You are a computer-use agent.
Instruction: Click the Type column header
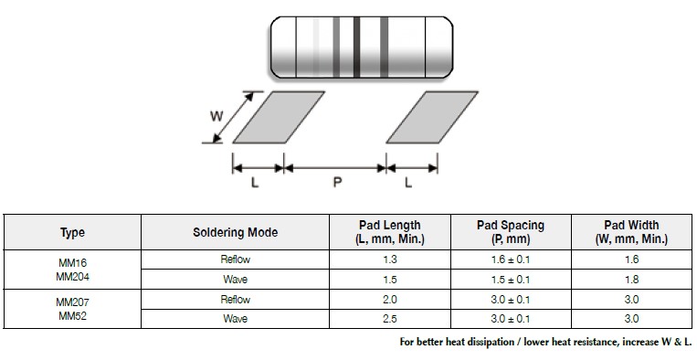click(72, 232)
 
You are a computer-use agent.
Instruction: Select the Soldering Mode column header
click(235, 232)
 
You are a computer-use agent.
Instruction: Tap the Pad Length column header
click(389, 232)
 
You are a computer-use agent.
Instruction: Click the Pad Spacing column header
click(511, 232)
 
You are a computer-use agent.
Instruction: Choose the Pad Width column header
click(631, 232)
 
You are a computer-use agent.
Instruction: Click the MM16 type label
click(72, 261)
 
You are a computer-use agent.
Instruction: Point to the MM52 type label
click(72, 314)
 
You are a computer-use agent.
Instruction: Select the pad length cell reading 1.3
click(389, 260)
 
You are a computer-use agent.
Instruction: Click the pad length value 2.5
click(389, 319)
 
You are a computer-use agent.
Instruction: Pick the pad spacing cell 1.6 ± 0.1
click(511, 260)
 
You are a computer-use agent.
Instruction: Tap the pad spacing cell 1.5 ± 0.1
click(511, 280)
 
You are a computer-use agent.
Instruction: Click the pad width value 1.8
click(631, 280)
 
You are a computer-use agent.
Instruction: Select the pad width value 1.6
click(631, 260)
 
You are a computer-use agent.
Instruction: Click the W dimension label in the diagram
click(216, 116)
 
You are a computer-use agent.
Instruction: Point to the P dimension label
click(337, 183)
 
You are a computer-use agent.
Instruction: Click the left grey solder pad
click(279, 117)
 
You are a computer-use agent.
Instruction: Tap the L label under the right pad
click(408, 183)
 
